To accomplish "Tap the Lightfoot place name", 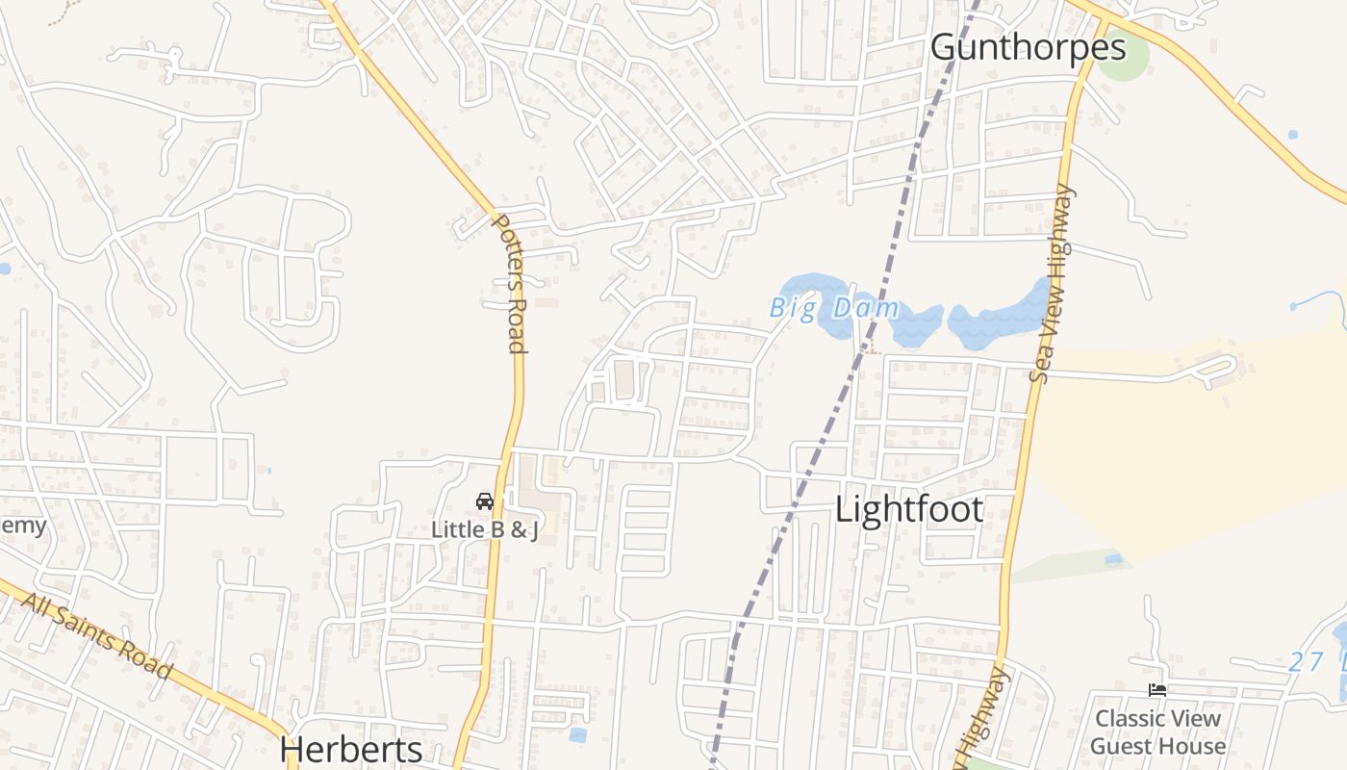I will coord(909,509).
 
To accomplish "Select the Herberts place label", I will coord(351,750).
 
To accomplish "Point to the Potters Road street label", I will coord(510,283).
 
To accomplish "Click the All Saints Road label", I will coord(96,635).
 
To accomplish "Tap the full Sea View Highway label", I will coord(1052,284).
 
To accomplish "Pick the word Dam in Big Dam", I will coord(866,309).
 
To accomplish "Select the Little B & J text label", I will coord(484,528).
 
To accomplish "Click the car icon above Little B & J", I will coord(485,501).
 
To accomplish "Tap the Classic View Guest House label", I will coord(1157,731).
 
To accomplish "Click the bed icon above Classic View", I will coord(1157,690).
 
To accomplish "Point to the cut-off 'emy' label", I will coord(21,526).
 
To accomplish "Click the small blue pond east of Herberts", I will coord(577,734).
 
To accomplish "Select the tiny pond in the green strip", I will coord(1113,558).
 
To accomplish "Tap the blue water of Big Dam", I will coord(1001,318).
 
